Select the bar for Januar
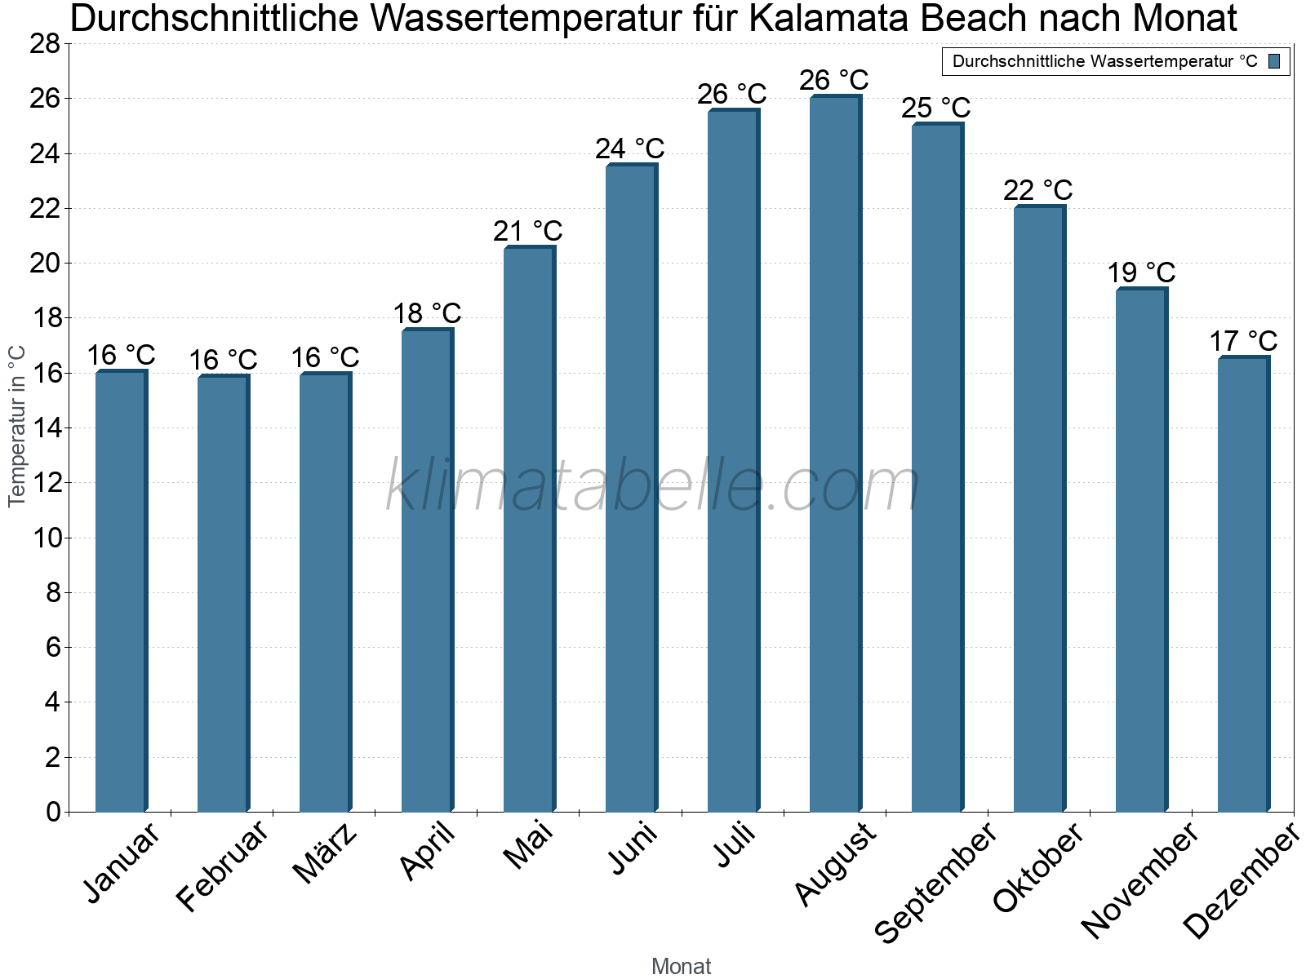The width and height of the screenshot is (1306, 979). pyautogui.click(x=121, y=591)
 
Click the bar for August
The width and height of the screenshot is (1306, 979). pyautogui.click(x=835, y=454)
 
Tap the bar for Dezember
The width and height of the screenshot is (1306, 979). pyautogui.click(x=1243, y=584)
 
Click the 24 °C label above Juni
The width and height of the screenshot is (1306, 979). pyautogui.click(x=629, y=149)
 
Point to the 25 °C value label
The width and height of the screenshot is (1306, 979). pyautogui.click(x=935, y=108)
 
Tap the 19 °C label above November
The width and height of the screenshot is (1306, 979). pyautogui.click(x=1140, y=272)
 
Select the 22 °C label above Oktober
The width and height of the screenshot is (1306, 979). pyautogui.click(x=1037, y=190)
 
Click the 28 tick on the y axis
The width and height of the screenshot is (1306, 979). pyautogui.click(x=45, y=44)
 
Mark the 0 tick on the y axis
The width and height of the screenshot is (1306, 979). pyautogui.click(x=53, y=813)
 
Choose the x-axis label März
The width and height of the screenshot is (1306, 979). pyautogui.click(x=326, y=854)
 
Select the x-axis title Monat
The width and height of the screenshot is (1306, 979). pyautogui.click(x=681, y=966)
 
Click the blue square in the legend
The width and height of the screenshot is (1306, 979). pyautogui.click(x=1274, y=61)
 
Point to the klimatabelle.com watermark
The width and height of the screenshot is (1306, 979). pyautogui.click(x=653, y=486)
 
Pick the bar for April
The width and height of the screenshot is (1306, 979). pyautogui.click(x=427, y=570)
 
